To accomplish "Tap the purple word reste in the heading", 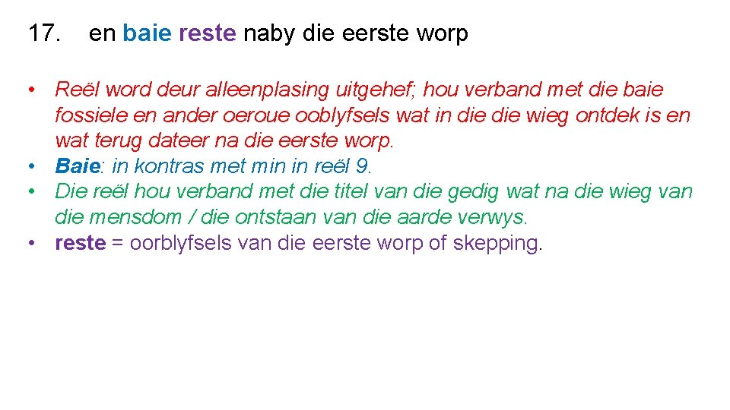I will coord(208,33).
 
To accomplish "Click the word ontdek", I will coord(608,115).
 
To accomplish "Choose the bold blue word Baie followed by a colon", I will coord(78,166).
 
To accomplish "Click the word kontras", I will coord(162,166).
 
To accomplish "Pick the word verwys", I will coord(498,217).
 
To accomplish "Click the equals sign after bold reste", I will coord(117,244).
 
